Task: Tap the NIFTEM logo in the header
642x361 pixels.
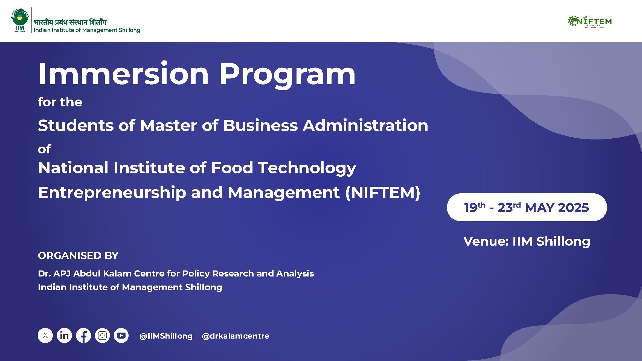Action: click(x=589, y=22)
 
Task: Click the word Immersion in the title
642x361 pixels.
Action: click(x=124, y=74)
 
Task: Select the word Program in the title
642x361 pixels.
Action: click(x=287, y=75)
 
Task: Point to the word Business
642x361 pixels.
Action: click(x=260, y=126)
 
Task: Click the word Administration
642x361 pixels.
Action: click(x=365, y=126)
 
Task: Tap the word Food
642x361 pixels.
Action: click(x=232, y=168)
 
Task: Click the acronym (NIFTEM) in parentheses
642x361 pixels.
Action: click(x=383, y=193)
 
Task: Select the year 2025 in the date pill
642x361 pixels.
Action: click(x=573, y=208)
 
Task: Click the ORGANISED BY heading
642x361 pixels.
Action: click(x=78, y=255)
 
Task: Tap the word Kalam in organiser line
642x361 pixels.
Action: click(x=118, y=273)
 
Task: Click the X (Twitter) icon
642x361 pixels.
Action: click(x=45, y=335)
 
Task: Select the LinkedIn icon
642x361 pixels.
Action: click(x=64, y=335)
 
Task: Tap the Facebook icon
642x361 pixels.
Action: click(x=83, y=335)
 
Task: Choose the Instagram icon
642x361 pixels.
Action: click(x=102, y=335)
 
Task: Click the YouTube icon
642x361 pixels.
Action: click(x=121, y=335)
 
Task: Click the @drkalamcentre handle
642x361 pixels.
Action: click(x=236, y=336)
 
